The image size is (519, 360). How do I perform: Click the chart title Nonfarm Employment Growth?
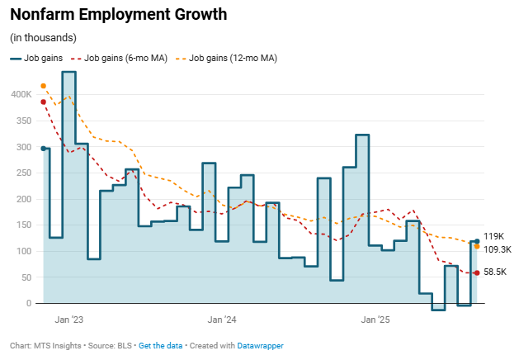click(x=118, y=15)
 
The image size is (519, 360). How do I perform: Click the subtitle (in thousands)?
click(x=43, y=38)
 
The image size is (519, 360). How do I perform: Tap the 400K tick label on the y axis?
click(x=21, y=95)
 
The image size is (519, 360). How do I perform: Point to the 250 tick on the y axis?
click(x=24, y=173)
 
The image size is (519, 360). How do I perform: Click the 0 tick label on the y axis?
click(x=28, y=304)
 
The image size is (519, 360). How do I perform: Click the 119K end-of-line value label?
click(x=494, y=236)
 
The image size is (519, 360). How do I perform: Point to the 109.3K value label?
click(x=498, y=249)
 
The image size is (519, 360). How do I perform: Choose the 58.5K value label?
click(x=496, y=272)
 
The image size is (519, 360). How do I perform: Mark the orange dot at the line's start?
click(x=43, y=86)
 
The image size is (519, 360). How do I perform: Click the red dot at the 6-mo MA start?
click(x=43, y=102)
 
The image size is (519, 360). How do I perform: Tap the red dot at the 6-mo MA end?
click(x=477, y=273)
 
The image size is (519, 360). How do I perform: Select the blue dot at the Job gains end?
click(x=477, y=241)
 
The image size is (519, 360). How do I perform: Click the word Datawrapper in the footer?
click(x=261, y=346)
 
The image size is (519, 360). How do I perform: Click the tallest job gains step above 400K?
click(x=69, y=73)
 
